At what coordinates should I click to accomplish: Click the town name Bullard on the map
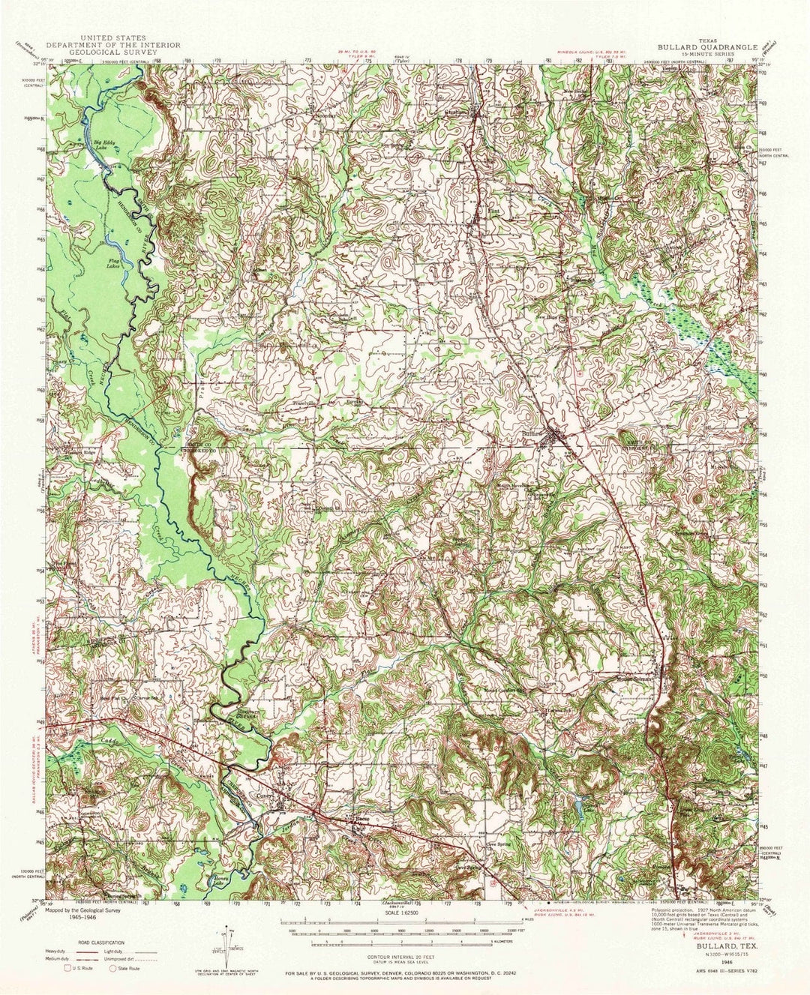[532, 433]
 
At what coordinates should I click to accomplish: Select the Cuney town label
[286, 796]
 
